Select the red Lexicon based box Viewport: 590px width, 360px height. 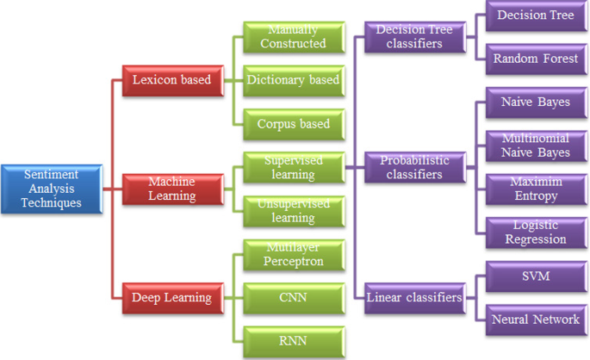coord(170,80)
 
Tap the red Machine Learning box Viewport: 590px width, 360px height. coord(170,188)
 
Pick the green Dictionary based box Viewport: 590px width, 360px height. coord(292,80)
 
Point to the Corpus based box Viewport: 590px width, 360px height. coord(292,123)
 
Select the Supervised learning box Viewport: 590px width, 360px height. coord(292,167)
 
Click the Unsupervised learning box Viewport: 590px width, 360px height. coord(292,211)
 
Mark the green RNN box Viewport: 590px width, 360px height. coord(292,340)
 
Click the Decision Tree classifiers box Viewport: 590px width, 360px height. coord(414,36)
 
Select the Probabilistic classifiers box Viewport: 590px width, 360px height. coord(414,167)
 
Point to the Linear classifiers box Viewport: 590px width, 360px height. coord(414,298)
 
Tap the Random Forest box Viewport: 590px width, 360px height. coord(535,59)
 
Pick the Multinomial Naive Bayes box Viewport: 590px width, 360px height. coord(535,145)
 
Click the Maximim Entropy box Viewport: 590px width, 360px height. coord(535,189)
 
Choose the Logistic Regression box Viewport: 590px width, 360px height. coord(535,232)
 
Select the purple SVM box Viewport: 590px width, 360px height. coord(535,276)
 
